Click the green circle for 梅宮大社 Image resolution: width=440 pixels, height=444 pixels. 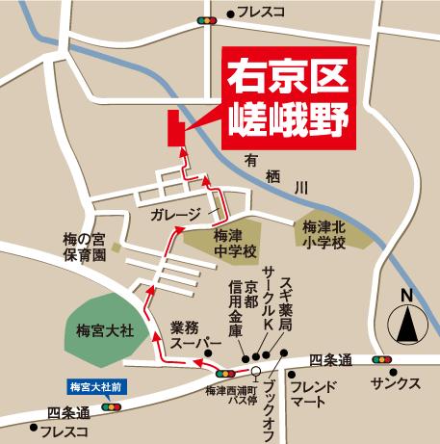(99, 330)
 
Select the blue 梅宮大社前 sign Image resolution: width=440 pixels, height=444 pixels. (97, 388)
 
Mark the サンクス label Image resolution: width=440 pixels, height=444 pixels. (396, 382)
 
